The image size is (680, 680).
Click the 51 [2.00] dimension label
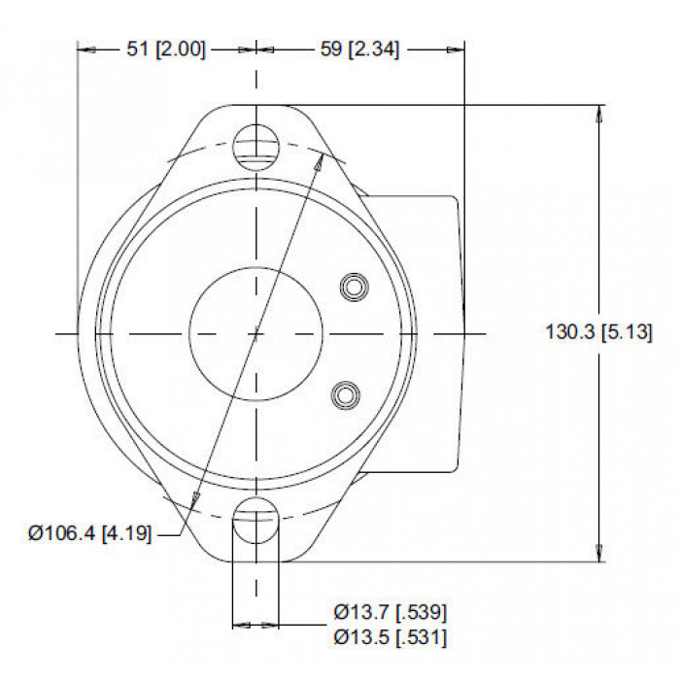[166, 49]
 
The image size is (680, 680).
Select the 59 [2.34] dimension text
[359, 49]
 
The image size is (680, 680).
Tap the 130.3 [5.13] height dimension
[598, 332]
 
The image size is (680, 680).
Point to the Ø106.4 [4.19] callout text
[90, 533]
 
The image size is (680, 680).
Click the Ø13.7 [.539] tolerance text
[390, 612]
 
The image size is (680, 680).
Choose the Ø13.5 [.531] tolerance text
[390, 637]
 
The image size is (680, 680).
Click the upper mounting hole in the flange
[256, 147]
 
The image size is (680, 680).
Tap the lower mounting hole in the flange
[256, 520]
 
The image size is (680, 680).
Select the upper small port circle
[355, 288]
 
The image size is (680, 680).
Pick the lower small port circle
[345, 394]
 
